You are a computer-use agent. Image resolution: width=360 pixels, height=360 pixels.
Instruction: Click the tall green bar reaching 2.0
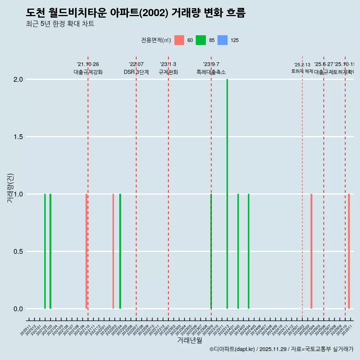click(227, 194)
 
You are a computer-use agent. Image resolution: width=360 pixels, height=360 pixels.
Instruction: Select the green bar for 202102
click(45, 251)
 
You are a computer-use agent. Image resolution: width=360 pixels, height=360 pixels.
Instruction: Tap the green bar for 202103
click(50, 251)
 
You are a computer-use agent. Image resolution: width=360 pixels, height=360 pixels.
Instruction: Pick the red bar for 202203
click(113, 251)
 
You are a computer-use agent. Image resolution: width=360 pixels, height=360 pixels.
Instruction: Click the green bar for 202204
click(120, 251)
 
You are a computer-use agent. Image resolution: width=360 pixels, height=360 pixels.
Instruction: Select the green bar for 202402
click(238, 251)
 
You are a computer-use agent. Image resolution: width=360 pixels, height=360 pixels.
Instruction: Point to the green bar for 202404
click(249, 251)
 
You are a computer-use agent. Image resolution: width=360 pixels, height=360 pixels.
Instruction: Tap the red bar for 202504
click(311, 251)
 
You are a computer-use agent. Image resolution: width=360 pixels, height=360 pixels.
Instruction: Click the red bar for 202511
click(349, 251)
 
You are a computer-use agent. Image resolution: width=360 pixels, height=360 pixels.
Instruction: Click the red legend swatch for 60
click(179, 40)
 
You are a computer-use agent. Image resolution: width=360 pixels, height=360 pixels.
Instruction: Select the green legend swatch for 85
click(201, 40)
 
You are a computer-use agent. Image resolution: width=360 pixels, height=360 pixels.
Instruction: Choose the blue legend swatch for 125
click(222, 40)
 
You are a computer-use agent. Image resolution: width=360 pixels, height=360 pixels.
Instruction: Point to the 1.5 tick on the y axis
click(18, 137)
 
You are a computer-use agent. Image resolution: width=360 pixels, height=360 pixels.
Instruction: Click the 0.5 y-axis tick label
click(18, 252)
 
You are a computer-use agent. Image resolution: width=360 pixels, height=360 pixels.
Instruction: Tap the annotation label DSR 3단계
click(136, 72)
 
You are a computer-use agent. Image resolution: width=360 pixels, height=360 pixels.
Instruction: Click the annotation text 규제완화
click(168, 72)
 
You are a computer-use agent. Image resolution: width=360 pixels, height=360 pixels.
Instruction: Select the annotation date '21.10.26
click(88, 64)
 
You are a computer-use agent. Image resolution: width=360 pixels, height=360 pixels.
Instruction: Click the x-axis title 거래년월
click(189, 340)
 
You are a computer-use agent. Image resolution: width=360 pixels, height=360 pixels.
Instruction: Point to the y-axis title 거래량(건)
click(10, 188)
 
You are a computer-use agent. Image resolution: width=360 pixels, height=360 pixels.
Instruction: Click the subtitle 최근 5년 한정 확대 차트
click(60, 24)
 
